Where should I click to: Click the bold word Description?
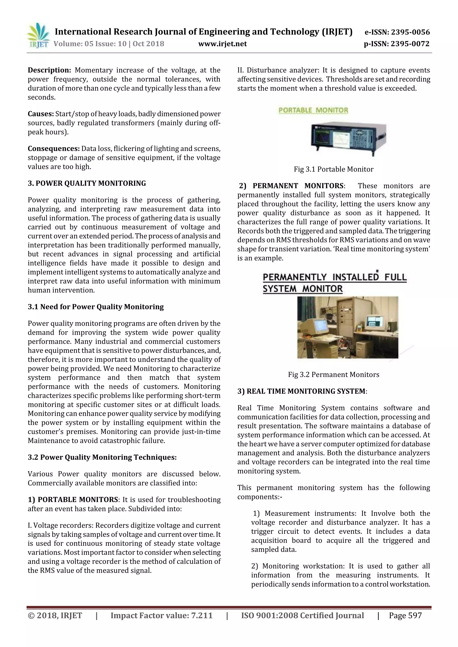point(49,70)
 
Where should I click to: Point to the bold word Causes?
point(41,114)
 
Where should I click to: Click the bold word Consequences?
point(54,149)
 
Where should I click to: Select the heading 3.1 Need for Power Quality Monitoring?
point(96,307)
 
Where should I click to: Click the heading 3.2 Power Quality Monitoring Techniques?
point(102,457)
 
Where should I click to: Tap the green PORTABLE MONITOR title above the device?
point(313,110)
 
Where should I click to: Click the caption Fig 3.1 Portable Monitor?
point(334,169)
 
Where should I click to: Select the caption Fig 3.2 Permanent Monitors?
point(334,375)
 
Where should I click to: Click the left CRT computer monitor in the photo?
point(315,328)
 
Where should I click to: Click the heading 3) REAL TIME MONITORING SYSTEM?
point(302,392)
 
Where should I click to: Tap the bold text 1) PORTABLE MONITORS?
point(73,500)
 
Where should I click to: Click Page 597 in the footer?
point(405,616)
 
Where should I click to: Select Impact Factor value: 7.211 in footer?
point(161,616)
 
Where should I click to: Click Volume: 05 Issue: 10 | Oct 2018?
point(109,44)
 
